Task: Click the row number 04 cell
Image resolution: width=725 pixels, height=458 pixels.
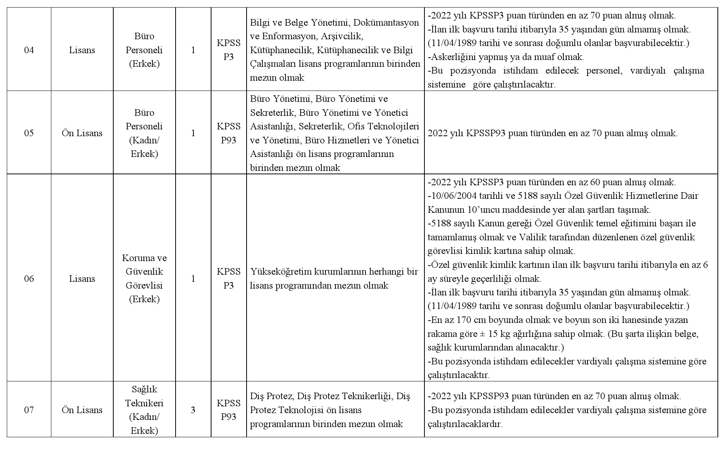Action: [29, 50]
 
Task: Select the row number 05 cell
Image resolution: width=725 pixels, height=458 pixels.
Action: [29, 133]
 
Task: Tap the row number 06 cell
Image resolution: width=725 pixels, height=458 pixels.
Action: [29, 279]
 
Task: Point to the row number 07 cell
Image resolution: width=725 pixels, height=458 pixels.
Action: [29, 410]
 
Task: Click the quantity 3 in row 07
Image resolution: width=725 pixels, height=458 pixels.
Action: [193, 410]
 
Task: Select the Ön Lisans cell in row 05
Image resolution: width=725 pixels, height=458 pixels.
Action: [82, 133]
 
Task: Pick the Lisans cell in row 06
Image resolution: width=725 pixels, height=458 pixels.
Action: [82, 279]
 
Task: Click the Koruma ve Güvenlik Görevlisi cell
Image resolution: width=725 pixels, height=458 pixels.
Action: [144, 279]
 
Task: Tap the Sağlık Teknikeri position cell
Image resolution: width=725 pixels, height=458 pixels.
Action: [144, 410]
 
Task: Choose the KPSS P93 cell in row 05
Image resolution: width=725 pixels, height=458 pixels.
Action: [228, 133]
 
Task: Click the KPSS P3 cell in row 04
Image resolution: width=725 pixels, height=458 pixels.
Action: [228, 50]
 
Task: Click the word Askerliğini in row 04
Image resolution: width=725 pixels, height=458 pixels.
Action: [453, 57]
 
